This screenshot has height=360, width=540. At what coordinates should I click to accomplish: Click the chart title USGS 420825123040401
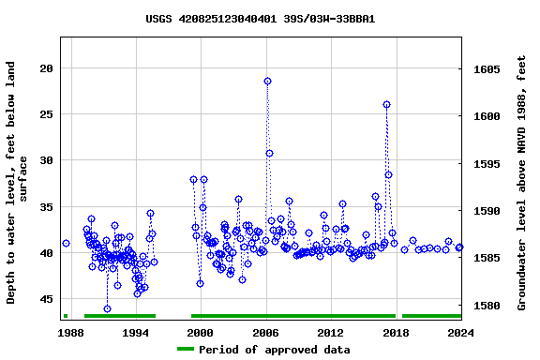pyautogui.click(x=261, y=19)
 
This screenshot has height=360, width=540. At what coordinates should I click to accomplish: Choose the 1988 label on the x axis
pyautogui.click(x=70, y=333)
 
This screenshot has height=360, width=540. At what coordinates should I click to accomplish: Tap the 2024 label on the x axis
pyautogui.click(x=460, y=333)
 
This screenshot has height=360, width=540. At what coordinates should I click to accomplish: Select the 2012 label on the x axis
pyautogui.click(x=330, y=333)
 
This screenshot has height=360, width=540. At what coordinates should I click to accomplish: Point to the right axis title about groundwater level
pyautogui.click(x=521, y=182)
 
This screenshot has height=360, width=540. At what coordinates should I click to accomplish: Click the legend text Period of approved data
pyautogui.click(x=273, y=350)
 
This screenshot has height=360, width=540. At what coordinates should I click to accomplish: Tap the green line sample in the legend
pyautogui.click(x=186, y=350)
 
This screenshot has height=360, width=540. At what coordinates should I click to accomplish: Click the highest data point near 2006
pyautogui.click(x=268, y=81)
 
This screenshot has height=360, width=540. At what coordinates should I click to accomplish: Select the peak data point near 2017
pyautogui.click(x=386, y=105)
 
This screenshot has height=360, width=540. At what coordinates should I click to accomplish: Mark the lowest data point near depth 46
pyautogui.click(x=107, y=308)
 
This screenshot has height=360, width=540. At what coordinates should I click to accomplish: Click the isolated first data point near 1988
pyautogui.click(x=66, y=243)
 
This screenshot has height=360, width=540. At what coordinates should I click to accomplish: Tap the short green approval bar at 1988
pyautogui.click(x=66, y=316)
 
